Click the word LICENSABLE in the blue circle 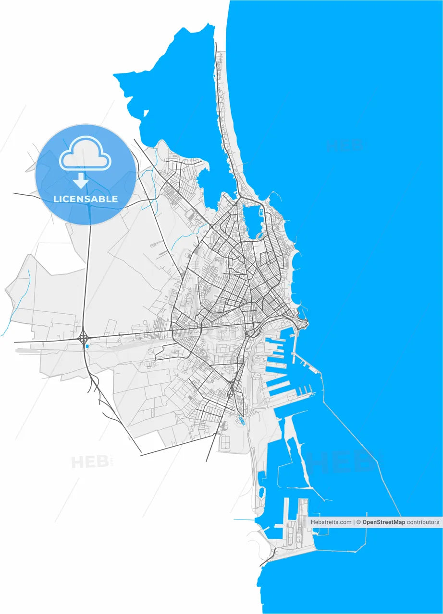click(x=86, y=199)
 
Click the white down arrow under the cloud click(x=81, y=180)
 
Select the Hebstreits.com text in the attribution click(x=331, y=522)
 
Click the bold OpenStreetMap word click(x=383, y=522)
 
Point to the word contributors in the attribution click(x=423, y=522)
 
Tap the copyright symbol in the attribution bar click(x=358, y=522)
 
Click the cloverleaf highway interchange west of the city click(x=84, y=338)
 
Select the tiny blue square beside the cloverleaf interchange click(x=87, y=346)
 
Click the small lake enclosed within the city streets click(x=252, y=220)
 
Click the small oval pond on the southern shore click(x=262, y=492)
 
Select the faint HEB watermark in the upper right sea click(x=344, y=145)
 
